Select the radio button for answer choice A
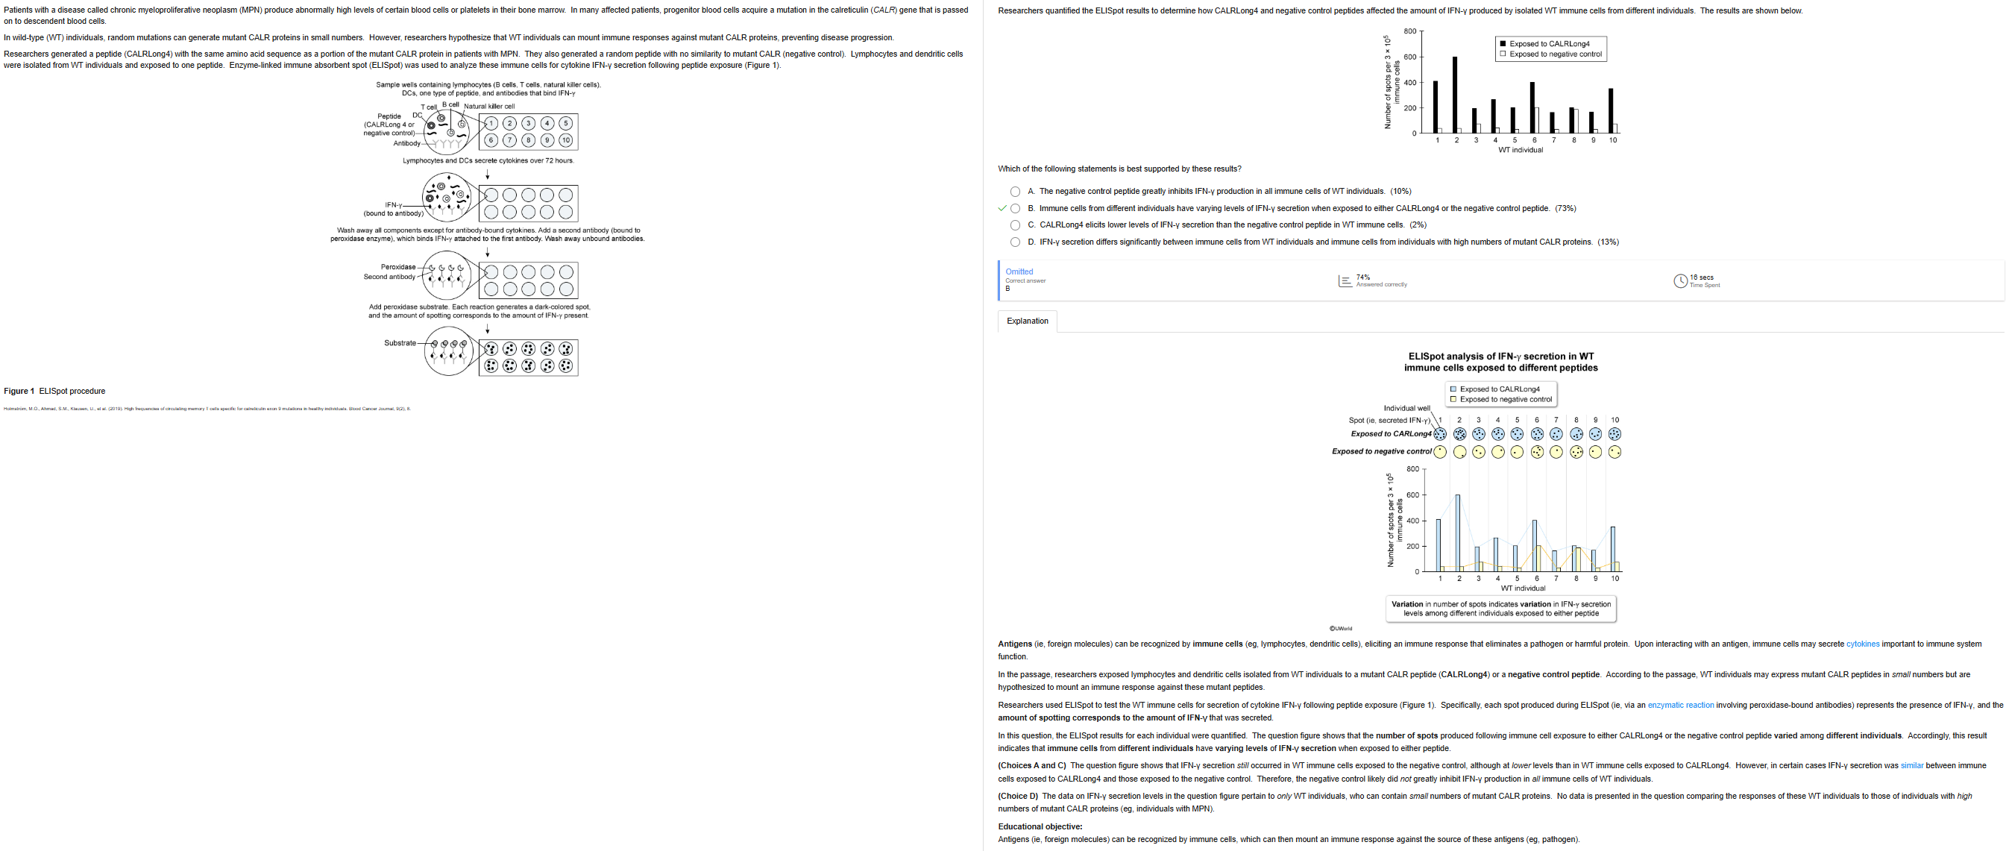pos(1015,192)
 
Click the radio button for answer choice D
pos(1015,242)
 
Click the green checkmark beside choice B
pos(1002,208)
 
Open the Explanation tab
pos(1027,321)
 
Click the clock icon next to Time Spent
pos(1681,281)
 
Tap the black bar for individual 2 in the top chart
pos(1455,93)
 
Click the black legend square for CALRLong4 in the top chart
pos(1503,43)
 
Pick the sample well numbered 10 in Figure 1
pos(566,141)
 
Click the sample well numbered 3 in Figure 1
pos(529,123)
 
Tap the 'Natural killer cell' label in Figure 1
pos(489,107)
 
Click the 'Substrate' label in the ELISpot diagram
pos(400,342)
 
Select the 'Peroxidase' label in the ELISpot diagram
pos(398,267)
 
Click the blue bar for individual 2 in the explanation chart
pos(1458,533)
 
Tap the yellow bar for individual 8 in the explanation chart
pos(1579,560)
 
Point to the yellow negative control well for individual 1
pos(1441,451)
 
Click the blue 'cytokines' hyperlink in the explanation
pos(1863,644)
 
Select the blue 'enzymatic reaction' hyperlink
pos(1681,706)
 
